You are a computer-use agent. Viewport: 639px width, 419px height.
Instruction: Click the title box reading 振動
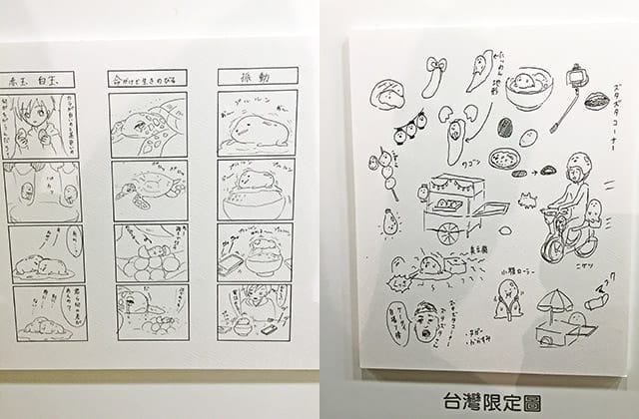[257, 76]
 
